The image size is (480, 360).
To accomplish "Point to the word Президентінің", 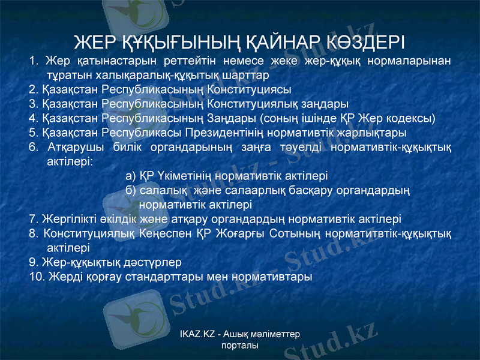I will tap(227, 132).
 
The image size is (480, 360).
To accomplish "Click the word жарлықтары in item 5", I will tap(373, 132).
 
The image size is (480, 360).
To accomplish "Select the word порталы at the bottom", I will tap(239, 346).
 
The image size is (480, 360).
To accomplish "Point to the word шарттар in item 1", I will tap(247, 76).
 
